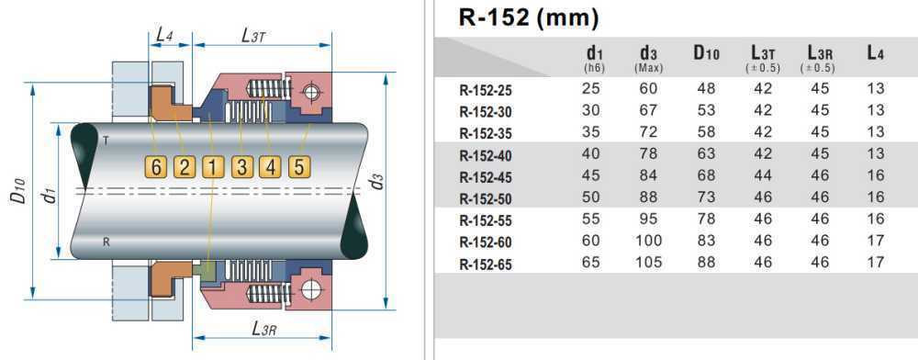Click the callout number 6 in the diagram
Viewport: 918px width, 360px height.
coord(156,167)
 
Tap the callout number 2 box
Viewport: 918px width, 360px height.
coord(185,167)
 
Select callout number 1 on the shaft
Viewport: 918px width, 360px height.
coord(213,167)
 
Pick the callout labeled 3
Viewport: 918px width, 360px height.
coord(241,167)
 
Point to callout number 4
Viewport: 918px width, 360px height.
coord(270,167)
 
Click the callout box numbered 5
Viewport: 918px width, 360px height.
coord(298,167)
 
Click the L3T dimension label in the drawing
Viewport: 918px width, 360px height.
coord(253,35)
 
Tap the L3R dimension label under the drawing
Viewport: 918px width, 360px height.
coord(264,329)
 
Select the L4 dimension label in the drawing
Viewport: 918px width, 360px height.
coord(164,34)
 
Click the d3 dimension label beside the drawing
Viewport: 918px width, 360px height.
coord(377,181)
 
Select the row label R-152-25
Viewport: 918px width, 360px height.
coord(486,90)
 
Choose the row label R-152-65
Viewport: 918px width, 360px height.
coord(486,264)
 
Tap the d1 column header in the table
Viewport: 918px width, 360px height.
coord(594,55)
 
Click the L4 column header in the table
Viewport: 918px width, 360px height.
coord(875,53)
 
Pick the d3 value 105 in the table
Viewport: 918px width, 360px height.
coord(648,263)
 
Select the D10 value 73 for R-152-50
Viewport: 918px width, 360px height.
coord(705,197)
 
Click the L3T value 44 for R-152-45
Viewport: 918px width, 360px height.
coord(762,175)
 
